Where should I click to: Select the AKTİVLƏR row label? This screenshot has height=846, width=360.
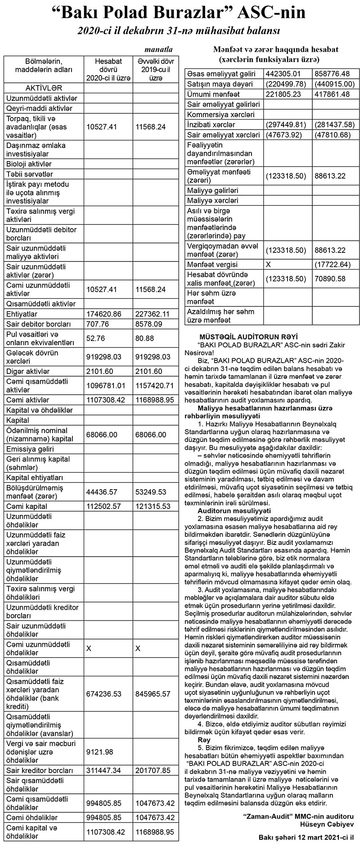[44, 88]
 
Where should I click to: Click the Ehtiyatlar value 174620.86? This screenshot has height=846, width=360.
[106, 314]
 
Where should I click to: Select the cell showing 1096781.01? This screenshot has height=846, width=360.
[108, 386]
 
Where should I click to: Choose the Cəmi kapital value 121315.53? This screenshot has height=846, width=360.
[153, 506]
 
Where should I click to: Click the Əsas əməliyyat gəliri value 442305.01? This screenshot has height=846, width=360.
[283, 74]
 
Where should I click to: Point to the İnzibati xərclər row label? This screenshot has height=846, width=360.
[211, 125]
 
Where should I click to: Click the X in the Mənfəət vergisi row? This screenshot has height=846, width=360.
[269, 265]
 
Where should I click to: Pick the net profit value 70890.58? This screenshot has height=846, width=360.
[330, 279]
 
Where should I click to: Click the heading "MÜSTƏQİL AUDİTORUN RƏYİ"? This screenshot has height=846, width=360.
[248, 337]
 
